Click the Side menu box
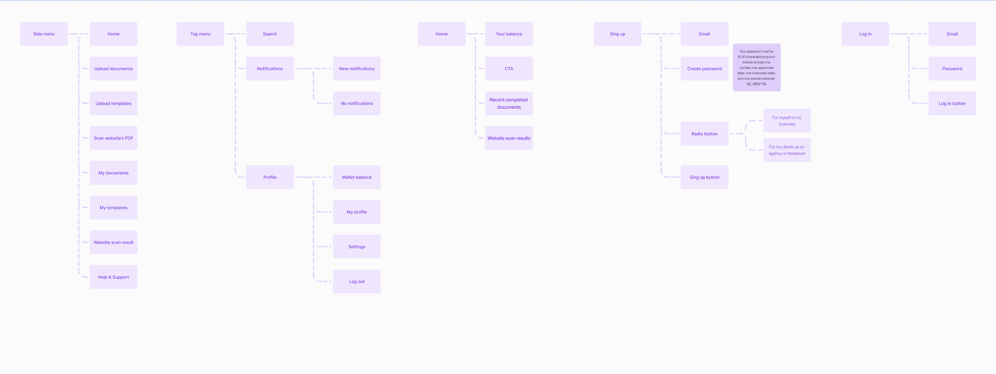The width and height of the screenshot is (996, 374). click(x=44, y=34)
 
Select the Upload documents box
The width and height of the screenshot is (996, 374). click(x=113, y=69)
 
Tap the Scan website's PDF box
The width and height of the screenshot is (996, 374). click(x=113, y=138)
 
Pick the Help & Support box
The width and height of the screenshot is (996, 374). click(x=113, y=277)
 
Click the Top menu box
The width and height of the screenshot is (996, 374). click(x=200, y=34)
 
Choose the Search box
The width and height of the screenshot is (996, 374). click(x=270, y=34)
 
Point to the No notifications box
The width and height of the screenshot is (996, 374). click(x=356, y=103)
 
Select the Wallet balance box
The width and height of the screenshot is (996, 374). click(x=356, y=177)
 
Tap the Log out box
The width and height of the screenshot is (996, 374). click(x=356, y=281)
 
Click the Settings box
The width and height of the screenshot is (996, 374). click(x=356, y=247)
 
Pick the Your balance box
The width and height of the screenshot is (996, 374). click(x=509, y=34)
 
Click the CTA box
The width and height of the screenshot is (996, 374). click(x=509, y=69)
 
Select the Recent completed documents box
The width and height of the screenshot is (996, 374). click(x=509, y=103)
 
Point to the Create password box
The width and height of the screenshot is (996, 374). click(x=704, y=69)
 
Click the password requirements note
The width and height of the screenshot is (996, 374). click(x=756, y=68)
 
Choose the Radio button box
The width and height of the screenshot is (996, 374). click(x=704, y=134)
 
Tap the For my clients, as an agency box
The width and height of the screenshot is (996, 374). click(x=787, y=150)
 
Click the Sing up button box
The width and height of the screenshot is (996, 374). click(x=704, y=177)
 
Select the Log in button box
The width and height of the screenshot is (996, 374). click(x=952, y=103)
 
